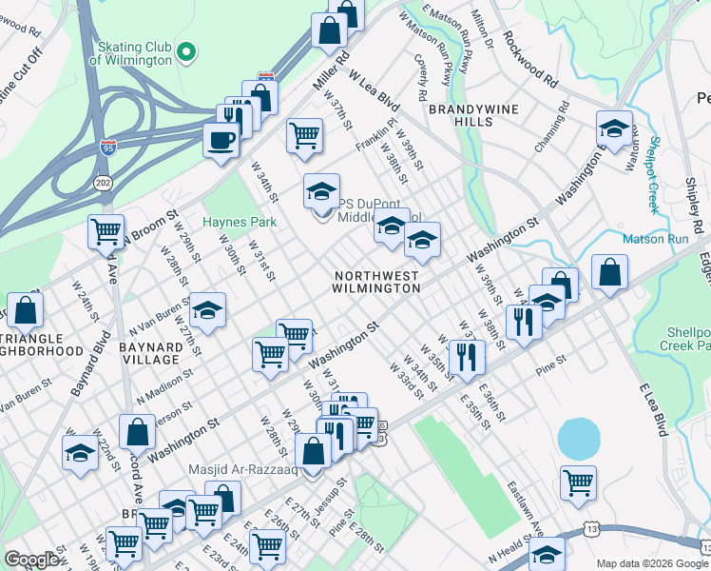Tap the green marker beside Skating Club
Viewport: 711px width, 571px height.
187,50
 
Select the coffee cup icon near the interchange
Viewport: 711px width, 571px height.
221,139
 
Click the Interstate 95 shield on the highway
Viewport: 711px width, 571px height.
108,148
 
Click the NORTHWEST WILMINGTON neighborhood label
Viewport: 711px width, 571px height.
375,282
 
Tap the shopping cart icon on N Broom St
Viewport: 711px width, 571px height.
106,230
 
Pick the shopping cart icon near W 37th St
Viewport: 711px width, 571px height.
304,134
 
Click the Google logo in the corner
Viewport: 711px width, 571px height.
31,560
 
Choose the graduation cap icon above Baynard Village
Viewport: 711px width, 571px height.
206,310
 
